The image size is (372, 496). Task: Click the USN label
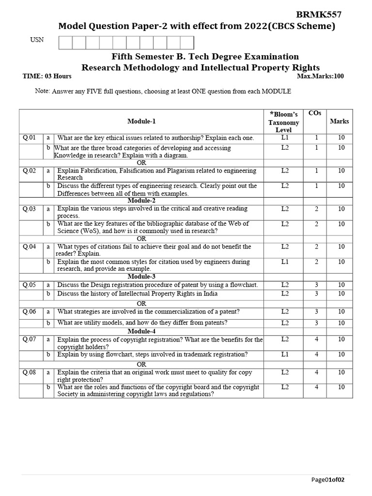(37, 40)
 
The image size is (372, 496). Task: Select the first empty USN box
(65, 43)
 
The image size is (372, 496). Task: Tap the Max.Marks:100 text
(320, 76)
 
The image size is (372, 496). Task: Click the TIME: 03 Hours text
(47, 76)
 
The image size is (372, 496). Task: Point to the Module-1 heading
(141, 121)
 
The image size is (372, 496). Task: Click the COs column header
(314, 113)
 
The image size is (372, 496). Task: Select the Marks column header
(339, 121)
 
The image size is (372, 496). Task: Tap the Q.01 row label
(30, 138)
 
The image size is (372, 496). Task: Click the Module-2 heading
(141, 201)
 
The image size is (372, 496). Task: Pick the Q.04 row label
(30, 247)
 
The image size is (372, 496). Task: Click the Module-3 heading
(141, 277)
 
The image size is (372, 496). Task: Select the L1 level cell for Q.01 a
(284, 138)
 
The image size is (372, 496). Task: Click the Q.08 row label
(30, 372)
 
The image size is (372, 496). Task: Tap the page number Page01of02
(327, 480)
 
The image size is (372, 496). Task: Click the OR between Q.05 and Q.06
(141, 303)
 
